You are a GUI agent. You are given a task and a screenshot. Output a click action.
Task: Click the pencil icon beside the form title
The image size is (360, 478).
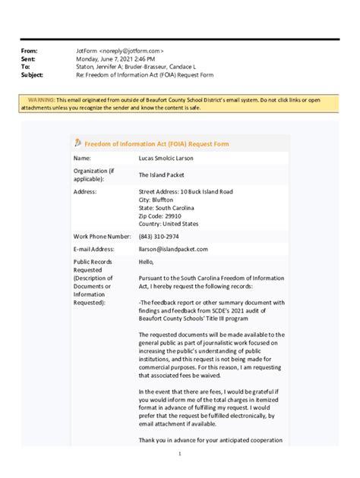(x=77, y=143)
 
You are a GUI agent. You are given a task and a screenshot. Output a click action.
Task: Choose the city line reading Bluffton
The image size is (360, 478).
(x=156, y=200)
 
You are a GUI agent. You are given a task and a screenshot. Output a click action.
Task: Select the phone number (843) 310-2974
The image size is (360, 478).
(x=162, y=236)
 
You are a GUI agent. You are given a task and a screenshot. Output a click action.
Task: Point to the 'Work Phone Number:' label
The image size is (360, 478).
(x=102, y=236)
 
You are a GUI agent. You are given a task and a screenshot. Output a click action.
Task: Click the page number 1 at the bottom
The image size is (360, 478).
(x=180, y=454)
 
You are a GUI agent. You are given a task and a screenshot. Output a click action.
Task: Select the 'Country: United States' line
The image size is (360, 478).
(x=168, y=224)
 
